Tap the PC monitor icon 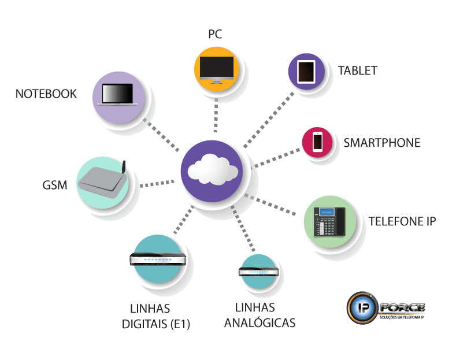(216, 69)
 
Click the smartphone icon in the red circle (317, 142)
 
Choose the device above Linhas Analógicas (258, 271)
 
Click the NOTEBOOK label (46, 94)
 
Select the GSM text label (55, 185)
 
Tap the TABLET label (358, 71)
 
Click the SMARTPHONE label (381, 143)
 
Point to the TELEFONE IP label (402, 221)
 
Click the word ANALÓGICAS (259, 322)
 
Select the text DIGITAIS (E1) (155, 324)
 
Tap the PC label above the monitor (215, 35)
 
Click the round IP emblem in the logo (361, 307)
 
